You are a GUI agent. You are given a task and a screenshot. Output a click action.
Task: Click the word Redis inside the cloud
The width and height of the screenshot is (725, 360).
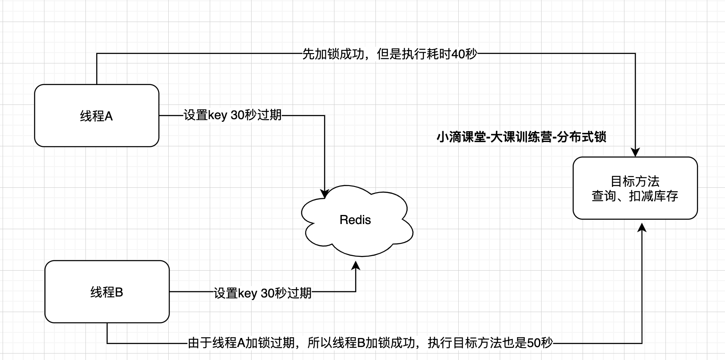point(355,220)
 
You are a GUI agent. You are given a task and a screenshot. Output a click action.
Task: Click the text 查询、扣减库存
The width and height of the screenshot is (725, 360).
point(635,196)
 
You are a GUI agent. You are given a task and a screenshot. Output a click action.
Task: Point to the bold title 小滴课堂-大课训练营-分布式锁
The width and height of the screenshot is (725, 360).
point(521,137)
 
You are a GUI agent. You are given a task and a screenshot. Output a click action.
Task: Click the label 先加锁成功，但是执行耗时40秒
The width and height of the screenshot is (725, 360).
point(390,54)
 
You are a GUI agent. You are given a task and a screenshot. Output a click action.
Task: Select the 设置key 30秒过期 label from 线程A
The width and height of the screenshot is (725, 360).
point(233,115)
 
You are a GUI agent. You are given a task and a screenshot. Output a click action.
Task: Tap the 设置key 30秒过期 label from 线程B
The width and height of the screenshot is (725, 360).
point(263,293)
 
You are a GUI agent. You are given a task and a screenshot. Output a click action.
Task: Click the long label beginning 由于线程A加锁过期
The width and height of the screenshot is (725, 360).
point(370,343)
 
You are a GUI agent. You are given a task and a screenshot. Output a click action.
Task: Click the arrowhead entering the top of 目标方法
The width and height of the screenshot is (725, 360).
point(635,152)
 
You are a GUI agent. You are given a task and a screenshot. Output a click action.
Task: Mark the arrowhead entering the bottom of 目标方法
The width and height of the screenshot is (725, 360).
point(642,227)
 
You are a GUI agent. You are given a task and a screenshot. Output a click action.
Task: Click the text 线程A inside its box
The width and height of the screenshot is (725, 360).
point(96,116)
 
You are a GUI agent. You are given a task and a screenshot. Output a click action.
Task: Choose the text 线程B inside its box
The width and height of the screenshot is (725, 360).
point(107,292)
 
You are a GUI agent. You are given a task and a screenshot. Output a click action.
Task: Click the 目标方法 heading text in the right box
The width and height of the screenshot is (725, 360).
point(635,181)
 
